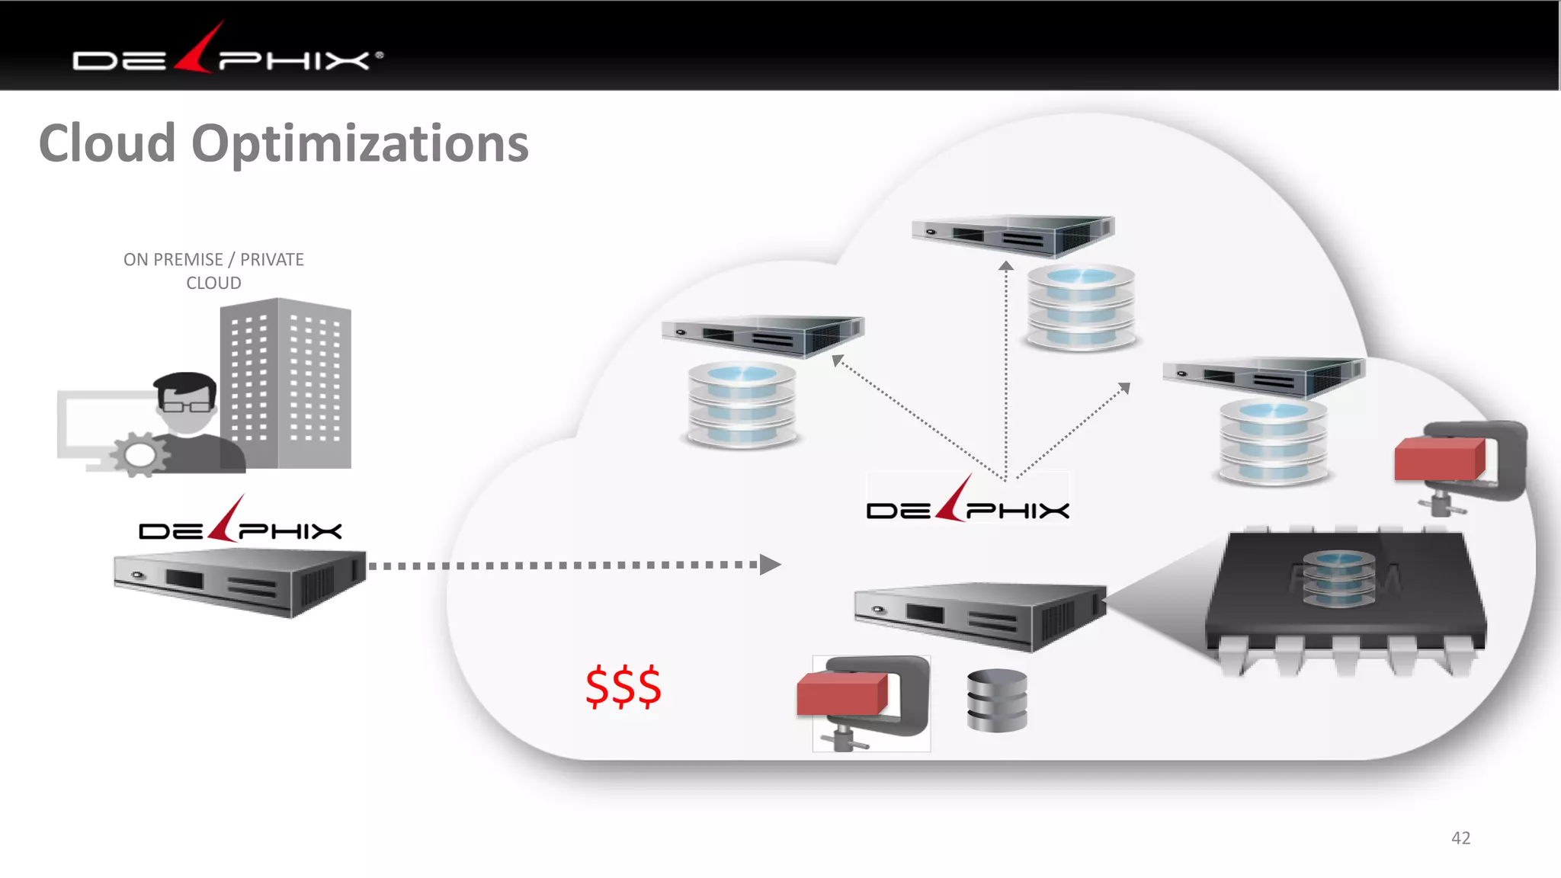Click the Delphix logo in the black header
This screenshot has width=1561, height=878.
227,53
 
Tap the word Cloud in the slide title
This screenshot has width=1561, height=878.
107,143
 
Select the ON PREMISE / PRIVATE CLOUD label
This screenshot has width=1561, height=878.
213,271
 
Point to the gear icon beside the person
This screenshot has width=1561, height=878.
139,455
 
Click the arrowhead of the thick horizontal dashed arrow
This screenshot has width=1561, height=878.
770,565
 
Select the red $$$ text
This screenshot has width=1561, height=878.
623,687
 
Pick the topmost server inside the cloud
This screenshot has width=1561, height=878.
1014,234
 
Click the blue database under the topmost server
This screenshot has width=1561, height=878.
1081,306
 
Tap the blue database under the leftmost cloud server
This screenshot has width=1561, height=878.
742,404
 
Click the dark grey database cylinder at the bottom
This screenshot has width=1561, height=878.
997,700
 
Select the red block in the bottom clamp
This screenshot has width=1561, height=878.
841,694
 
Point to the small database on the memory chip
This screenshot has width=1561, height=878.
1338,578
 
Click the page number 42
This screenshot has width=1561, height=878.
1460,838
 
